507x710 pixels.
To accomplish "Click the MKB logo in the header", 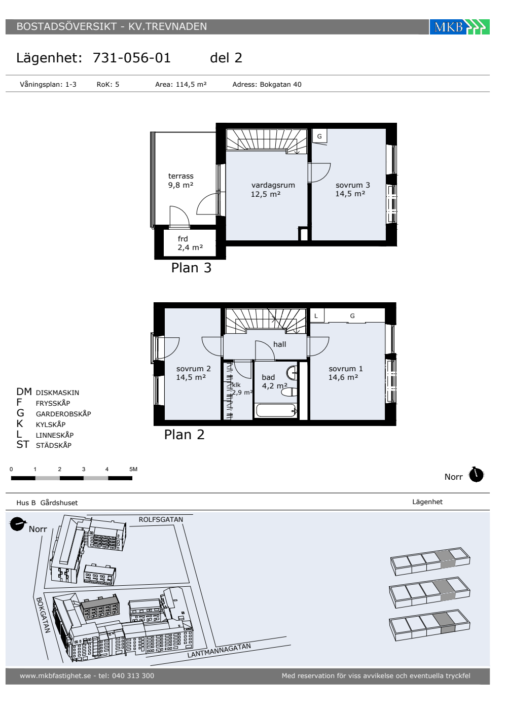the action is [x=459, y=27].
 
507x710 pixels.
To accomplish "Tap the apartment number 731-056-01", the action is [x=131, y=58].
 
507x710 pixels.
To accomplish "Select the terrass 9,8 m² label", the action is [x=180, y=181].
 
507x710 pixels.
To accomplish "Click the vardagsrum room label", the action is [x=273, y=185].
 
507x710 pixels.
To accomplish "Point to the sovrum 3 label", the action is [x=353, y=185].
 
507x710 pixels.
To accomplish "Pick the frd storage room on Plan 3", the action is [x=190, y=243].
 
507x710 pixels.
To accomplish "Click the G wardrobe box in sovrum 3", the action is [x=319, y=136].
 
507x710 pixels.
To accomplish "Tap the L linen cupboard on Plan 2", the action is [x=316, y=315].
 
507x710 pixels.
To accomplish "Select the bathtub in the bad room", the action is [x=276, y=410].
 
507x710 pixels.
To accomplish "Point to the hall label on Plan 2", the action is [x=279, y=344].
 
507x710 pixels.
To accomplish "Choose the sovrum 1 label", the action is [x=345, y=369].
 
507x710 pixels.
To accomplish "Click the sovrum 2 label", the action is [x=193, y=369].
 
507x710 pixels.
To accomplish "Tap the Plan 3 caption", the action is [x=191, y=268].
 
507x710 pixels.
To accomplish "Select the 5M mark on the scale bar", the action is [x=133, y=469].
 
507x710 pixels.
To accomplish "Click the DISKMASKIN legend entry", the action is [x=57, y=393].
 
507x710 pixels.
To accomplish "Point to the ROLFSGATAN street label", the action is [x=161, y=519].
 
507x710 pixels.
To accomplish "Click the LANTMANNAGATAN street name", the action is [x=219, y=650].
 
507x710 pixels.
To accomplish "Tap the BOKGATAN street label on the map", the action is [x=43, y=615].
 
